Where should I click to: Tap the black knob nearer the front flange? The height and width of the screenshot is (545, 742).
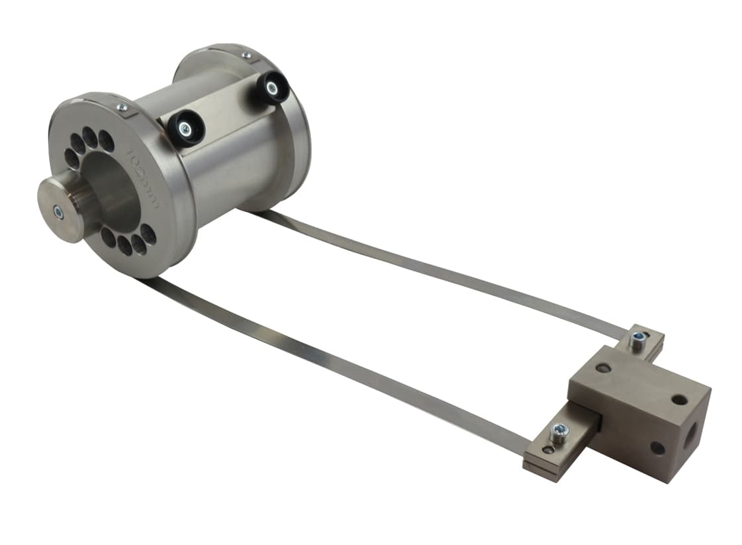[186, 128]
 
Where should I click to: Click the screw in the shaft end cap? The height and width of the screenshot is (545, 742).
[58, 211]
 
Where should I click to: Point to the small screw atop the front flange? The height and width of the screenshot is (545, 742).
[122, 107]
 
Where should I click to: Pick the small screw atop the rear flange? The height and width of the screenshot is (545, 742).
[246, 56]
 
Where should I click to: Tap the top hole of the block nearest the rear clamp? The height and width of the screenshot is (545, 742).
[602, 368]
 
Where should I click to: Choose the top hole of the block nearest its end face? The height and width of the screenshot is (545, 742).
[679, 399]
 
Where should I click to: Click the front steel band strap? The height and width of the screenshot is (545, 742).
[331, 358]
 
